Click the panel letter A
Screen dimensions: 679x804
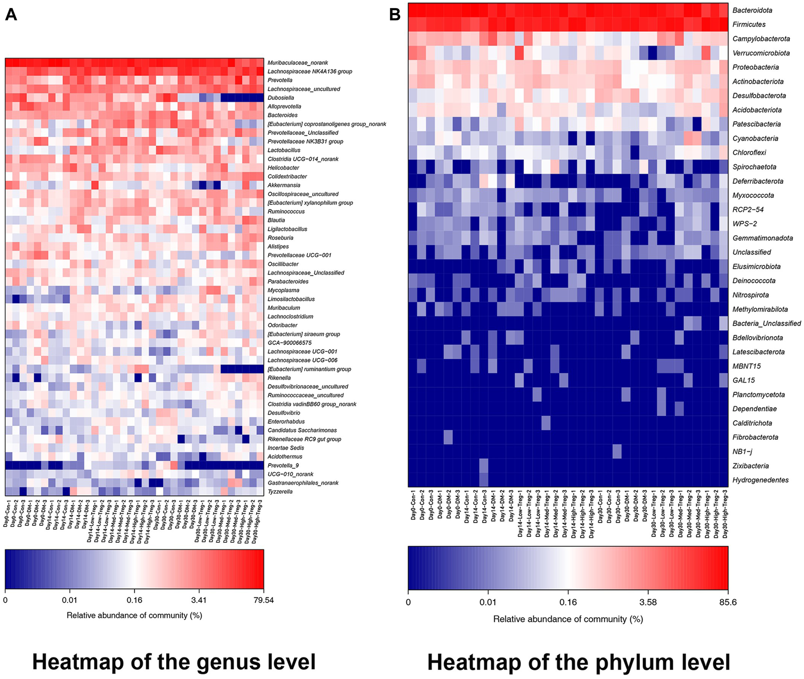pyautogui.click(x=11, y=15)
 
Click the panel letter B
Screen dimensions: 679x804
pyautogui.click(x=395, y=15)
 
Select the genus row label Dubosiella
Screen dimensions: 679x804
pyautogui.click(x=281, y=98)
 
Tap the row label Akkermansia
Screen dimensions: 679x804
pyautogui.click(x=284, y=185)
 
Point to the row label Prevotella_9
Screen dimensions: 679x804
pyautogui.click(x=283, y=465)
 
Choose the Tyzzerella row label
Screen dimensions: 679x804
pyautogui.click(x=280, y=492)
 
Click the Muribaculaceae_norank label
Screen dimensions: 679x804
pyautogui.click(x=298, y=63)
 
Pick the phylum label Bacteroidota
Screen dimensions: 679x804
pyautogui.click(x=752, y=10)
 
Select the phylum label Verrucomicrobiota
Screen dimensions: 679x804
pyautogui.click(x=761, y=53)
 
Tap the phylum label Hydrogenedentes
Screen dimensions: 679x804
pyautogui.click(x=760, y=480)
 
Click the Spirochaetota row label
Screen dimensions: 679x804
pyautogui.click(x=754, y=167)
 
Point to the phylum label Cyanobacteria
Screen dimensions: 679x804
pyautogui.click(x=755, y=138)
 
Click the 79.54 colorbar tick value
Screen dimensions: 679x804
pyautogui.click(x=264, y=600)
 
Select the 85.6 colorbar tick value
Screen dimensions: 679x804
pyautogui.click(x=728, y=602)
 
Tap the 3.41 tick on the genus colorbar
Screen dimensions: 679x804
pyautogui.click(x=199, y=600)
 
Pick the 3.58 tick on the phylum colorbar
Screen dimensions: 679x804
pyautogui.click(x=648, y=602)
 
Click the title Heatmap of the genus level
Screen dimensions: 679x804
pyautogui.click(x=174, y=662)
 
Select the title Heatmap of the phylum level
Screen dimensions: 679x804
pyautogui.click(x=578, y=662)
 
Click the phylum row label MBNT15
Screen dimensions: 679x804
pyautogui.click(x=746, y=366)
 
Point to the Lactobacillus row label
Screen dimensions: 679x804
pyautogui.click(x=284, y=150)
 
